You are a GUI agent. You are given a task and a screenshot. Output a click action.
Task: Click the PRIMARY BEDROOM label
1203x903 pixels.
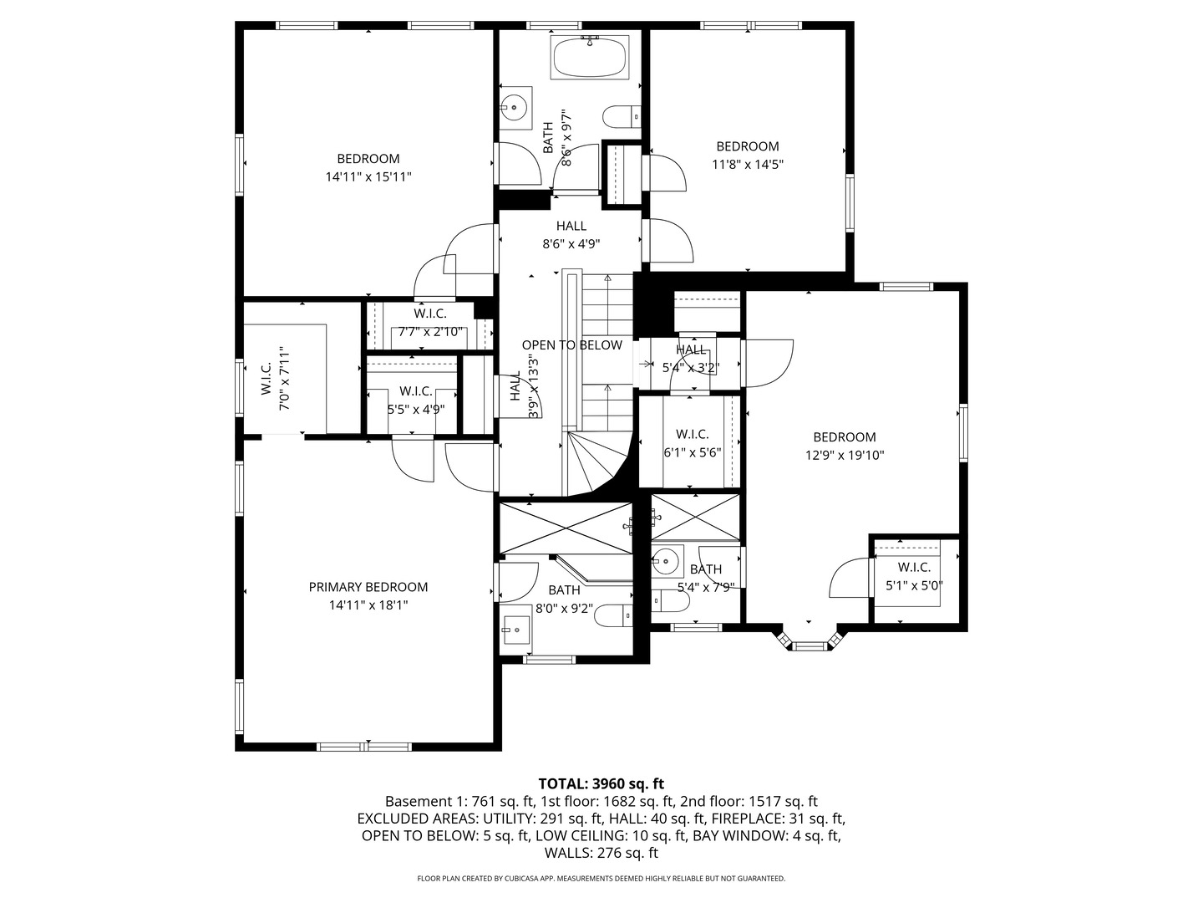click(x=368, y=587)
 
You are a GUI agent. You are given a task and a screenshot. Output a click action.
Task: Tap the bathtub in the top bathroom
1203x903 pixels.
click(x=589, y=57)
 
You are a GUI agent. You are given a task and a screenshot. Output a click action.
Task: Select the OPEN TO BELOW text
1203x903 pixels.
click(x=571, y=344)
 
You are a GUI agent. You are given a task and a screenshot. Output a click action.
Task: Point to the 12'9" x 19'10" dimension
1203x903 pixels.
click(x=845, y=455)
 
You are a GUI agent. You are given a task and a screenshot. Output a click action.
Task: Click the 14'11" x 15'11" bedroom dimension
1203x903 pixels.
click(x=368, y=177)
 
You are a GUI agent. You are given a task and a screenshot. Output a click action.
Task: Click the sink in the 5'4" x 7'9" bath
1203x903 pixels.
click(x=665, y=560)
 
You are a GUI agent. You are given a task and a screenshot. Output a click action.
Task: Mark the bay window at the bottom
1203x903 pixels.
click(x=809, y=640)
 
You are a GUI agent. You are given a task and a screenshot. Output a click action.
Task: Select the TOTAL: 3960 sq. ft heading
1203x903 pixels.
click(x=601, y=783)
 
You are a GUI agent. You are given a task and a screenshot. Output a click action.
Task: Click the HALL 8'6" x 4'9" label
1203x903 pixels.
click(x=571, y=235)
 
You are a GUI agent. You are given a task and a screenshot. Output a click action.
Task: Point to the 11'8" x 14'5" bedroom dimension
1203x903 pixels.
click(x=748, y=165)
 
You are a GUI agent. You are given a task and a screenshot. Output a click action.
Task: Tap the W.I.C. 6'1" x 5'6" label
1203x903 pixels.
click(x=693, y=443)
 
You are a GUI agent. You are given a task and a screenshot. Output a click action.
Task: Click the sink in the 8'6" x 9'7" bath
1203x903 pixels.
click(x=515, y=108)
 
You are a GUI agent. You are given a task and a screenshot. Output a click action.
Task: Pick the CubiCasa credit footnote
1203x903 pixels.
click(x=601, y=878)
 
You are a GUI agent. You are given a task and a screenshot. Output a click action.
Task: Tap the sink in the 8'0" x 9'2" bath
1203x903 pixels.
click(x=516, y=630)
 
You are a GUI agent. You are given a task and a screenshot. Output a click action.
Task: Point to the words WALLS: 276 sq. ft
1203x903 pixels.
click(x=601, y=853)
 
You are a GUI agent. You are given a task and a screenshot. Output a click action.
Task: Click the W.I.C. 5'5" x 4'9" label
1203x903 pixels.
click(x=415, y=400)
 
